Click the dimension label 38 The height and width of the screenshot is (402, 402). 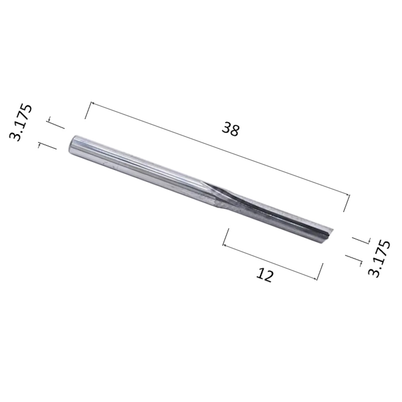pyautogui.click(x=230, y=129)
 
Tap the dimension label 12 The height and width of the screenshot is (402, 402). pyautogui.click(x=265, y=275)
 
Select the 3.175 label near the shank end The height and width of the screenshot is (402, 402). pyautogui.click(x=21, y=122)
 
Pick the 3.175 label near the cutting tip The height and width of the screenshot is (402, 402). pyautogui.click(x=379, y=258)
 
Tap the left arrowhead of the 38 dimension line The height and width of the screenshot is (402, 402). pyautogui.click(x=93, y=103)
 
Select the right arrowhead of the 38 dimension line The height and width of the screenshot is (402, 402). pyautogui.click(x=347, y=195)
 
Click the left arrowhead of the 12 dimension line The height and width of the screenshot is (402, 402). pyautogui.click(x=225, y=246)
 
